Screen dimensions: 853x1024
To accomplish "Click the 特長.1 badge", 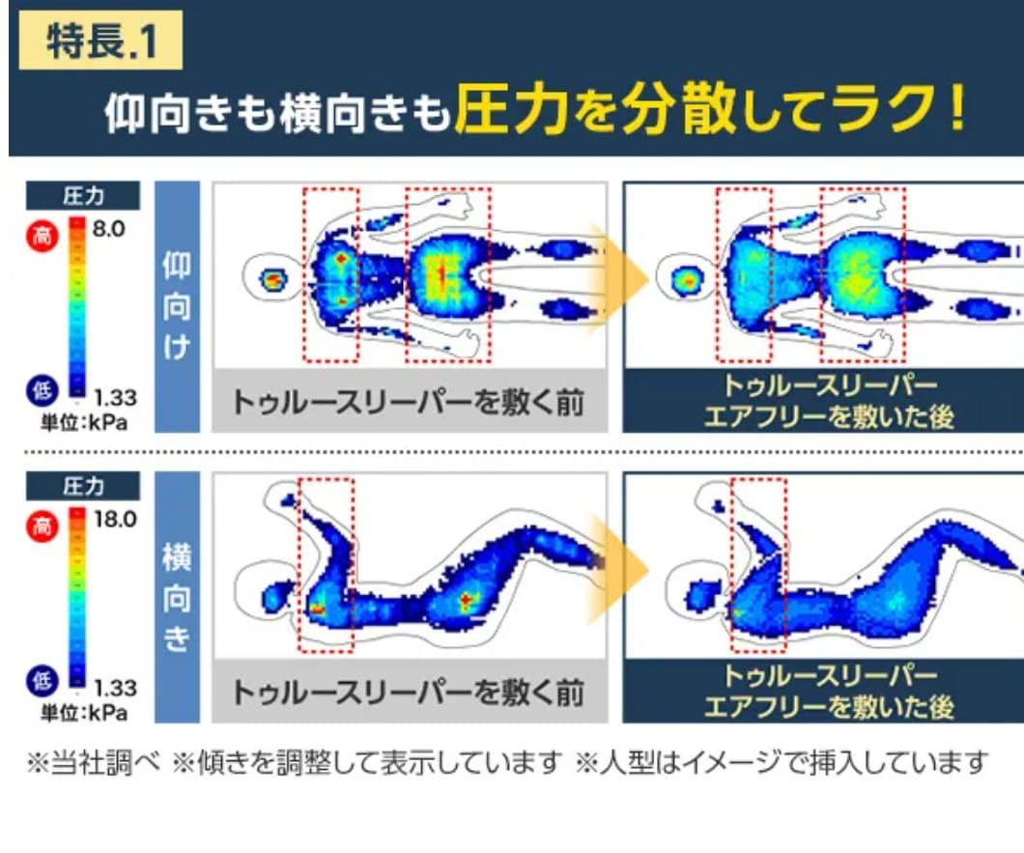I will coord(100,44).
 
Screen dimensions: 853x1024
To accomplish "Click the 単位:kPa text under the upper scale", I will coord(84,422).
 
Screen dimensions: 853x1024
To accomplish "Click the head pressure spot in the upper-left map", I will coord(273,280).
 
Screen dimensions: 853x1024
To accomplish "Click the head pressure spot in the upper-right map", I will coord(687,281).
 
